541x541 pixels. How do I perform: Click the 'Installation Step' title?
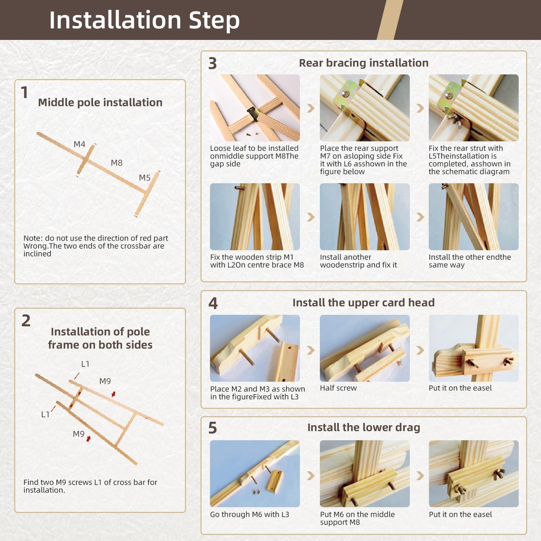tap(144, 20)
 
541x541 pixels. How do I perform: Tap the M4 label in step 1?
tap(79, 144)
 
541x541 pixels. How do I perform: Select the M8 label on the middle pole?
tap(116, 163)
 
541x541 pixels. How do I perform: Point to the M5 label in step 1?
tap(145, 178)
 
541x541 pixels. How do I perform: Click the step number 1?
tap(25, 93)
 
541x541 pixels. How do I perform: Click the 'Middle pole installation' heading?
tap(100, 102)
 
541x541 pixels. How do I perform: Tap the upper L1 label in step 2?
tap(85, 364)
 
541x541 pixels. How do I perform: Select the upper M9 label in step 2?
tap(105, 381)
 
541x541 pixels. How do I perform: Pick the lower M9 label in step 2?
tap(79, 434)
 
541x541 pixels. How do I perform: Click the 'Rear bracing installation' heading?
tap(364, 63)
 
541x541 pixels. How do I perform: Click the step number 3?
tap(212, 63)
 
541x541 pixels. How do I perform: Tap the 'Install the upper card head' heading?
tap(364, 303)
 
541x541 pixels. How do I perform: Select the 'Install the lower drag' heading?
tap(364, 427)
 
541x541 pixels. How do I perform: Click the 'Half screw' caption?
tap(338, 388)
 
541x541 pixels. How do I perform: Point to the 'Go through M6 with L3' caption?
tap(250, 515)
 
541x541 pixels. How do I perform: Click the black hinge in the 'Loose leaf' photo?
tap(253, 113)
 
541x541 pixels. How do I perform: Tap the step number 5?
tap(212, 428)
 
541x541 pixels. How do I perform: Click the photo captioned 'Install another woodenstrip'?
tap(365, 217)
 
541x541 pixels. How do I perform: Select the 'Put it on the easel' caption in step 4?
tap(460, 388)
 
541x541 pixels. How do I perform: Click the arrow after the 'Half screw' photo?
tap(420, 350)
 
